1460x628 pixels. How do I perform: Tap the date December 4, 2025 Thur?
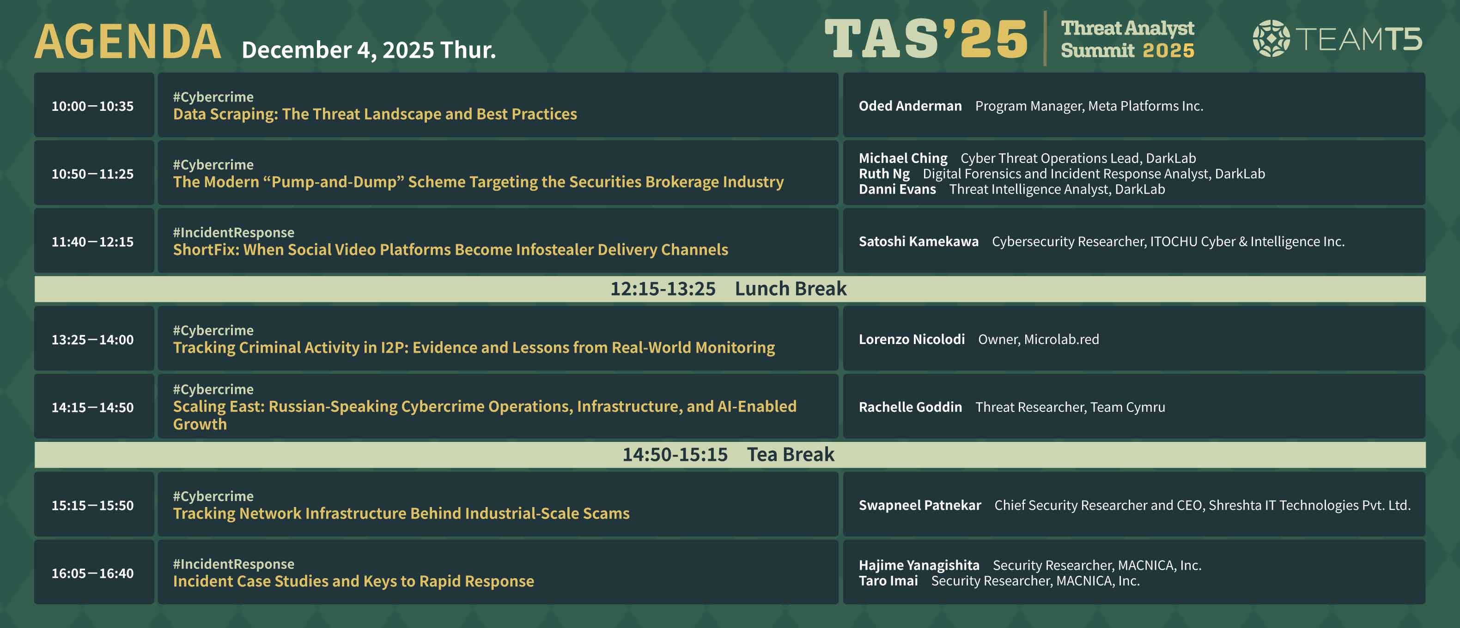pos(368,50)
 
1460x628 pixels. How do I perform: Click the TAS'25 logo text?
pos(925,38)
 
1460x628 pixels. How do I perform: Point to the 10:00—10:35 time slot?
pos(92,106)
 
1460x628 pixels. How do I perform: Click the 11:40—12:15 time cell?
pos(92,242)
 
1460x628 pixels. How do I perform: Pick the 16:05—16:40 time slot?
pos(92,573)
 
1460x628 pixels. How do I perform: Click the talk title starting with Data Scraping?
pos(375,114)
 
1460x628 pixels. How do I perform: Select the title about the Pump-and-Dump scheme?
pos(478,182)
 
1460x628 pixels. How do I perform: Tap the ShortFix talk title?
pos(450,250)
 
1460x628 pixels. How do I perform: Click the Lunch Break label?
pos(791,289)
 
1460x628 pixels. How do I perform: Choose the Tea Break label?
pos(791,455)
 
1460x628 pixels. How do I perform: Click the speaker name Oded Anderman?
pos(910,106)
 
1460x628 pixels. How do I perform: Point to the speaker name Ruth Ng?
pos(884,174)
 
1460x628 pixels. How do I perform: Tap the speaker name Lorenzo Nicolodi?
pos(912,339)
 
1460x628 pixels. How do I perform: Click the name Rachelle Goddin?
pos(910,407)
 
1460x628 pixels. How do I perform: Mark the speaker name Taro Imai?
pos(888,581)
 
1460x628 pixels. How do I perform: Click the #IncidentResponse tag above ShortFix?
pos(233,233)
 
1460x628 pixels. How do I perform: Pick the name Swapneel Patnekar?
pos(920,505)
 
